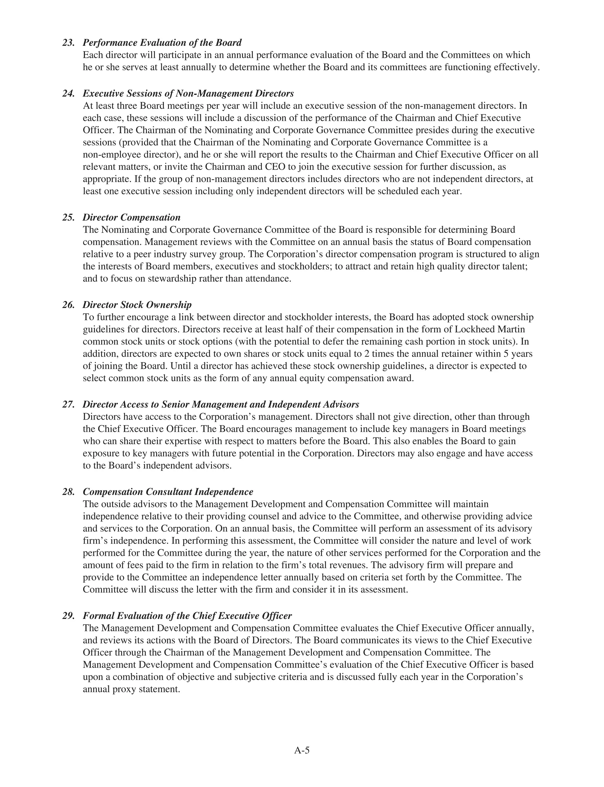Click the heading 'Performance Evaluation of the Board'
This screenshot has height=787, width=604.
[x=162, y=43]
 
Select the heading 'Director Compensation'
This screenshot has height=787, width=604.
[x=132, y=217]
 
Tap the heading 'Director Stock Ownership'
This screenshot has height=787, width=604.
[x=137, y=305]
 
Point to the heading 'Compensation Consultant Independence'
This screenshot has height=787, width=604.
[x=168, y=492]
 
